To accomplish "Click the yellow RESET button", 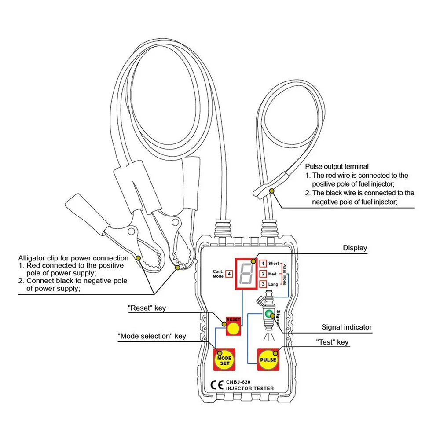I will click(x=234, y=329).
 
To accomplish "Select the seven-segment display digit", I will click(x=246, y=273).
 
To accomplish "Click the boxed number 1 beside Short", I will click(x=263, y=264).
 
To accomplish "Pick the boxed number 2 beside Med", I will click(x=263, y=274).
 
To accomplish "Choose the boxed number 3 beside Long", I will click(x=263, y=285).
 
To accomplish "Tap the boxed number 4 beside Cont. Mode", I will click(x=229, y=274).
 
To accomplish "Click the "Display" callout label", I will click(x=355, y=248).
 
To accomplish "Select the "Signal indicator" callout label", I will click(x=346, y=327).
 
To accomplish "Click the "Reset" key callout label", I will click(x=147, y=308).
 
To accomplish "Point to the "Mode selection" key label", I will click(x=152, y=336).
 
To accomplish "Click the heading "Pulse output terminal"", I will click(x=337, y=167).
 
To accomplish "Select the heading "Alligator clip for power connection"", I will click(x=73, y=258).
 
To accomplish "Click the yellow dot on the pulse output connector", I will click(x=272, y=191).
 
